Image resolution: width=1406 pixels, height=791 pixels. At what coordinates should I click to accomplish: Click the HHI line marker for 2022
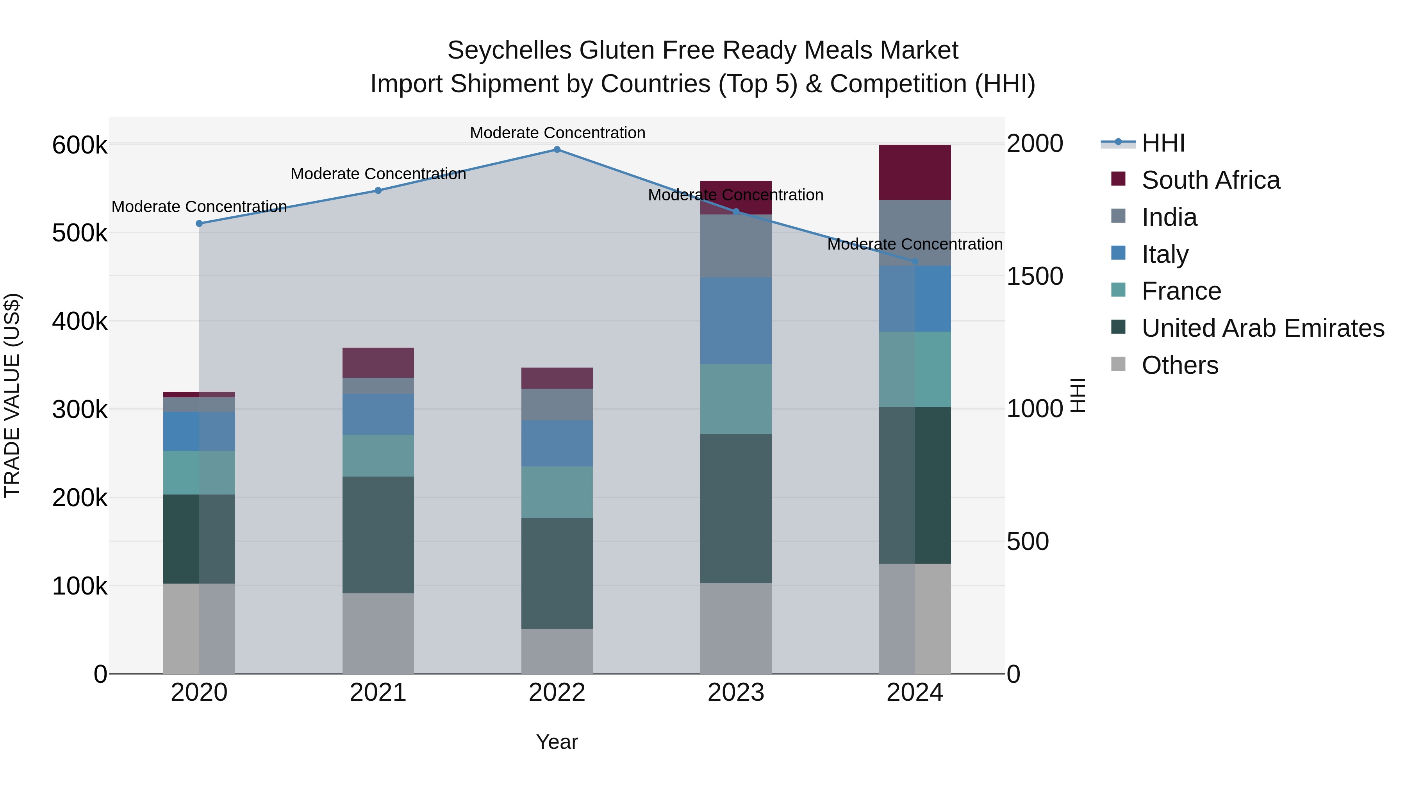pyautogui.click(x=557, y=150)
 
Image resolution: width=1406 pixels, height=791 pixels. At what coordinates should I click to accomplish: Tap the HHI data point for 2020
pyautogui.click(x=199, y=224)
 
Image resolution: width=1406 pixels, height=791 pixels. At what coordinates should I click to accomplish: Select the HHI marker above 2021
pyautogui.click(x=378, y=191)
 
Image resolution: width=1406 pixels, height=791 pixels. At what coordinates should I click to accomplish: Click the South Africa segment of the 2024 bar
pyautogui.click(x=915, y=173)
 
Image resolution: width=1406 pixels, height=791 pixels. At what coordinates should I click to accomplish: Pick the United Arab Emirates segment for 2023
pyautogui.click(x=736, y=508)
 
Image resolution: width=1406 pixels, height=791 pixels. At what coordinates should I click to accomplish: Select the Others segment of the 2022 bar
pyautogui.click(x=557, y=651)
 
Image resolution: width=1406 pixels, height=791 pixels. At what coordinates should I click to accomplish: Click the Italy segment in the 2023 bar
pyautogui.click(x=736, y=320)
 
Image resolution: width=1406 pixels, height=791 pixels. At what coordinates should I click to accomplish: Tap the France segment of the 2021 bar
pyautogui.click(x=378, y=455)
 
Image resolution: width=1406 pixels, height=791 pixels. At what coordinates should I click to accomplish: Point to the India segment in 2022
pyautogui.click(x=557, y=405)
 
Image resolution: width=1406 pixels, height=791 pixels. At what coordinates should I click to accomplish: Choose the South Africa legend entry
pyautogui.click(x=1210, y=180)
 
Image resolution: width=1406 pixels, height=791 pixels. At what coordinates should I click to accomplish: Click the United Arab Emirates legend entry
pyautogui.click(x=1262, y=328)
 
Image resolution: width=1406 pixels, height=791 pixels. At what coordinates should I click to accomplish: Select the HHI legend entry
pyautogui.click(x=1163, y=143)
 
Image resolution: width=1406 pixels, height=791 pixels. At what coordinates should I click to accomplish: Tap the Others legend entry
pyautogui.click(x=1179, y=365)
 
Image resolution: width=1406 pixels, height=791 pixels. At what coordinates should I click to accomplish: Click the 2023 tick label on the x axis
pyautogui.click(x=736, y=693)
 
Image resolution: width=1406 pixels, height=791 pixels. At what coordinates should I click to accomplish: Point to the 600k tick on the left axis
pyautogui.click(x=80, y=146)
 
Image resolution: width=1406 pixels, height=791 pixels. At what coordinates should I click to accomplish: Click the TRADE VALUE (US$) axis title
pyautogui.click(x=12, y=395)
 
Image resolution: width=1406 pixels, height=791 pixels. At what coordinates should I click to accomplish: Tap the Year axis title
pyautogui.click(x=557, y=742)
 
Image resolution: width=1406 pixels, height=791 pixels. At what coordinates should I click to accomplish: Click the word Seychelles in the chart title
pyautogui.click(x=510, y=50)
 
